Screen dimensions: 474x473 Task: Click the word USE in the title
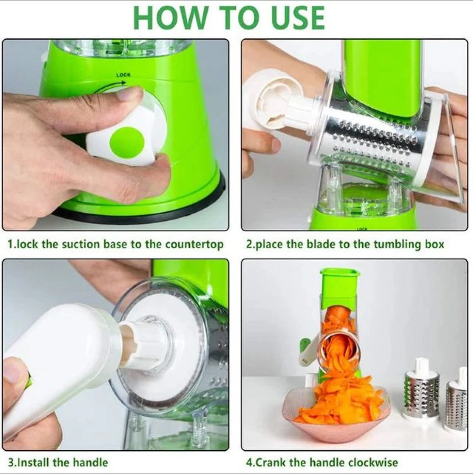coord(294,17)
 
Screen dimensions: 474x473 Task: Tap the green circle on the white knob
coord(127,141)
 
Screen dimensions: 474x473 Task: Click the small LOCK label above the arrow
coord(123,75)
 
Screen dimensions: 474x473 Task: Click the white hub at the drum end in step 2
coord(279,101)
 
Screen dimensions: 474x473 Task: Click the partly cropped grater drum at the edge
coord(456,400)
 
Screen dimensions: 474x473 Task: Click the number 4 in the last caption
coord(249,462)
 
